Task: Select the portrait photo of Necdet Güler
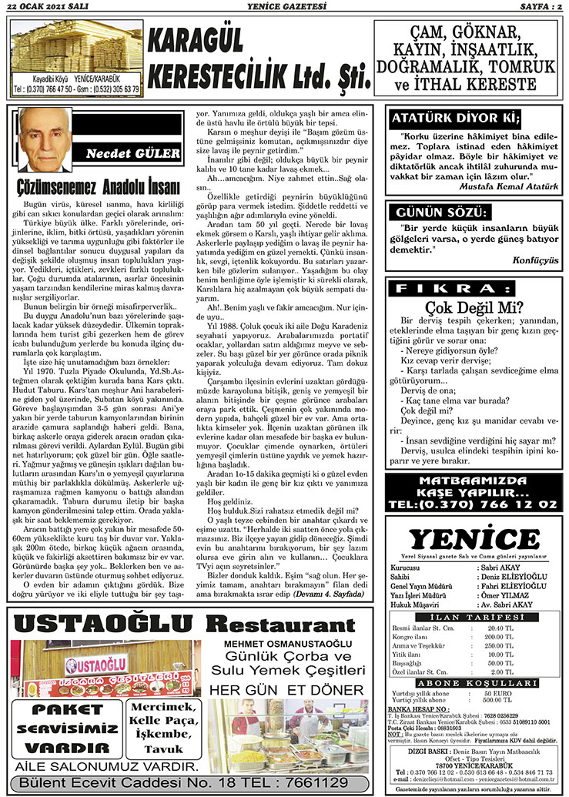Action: (x=45, y=139)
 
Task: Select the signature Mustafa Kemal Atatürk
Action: (x=504, y=186)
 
